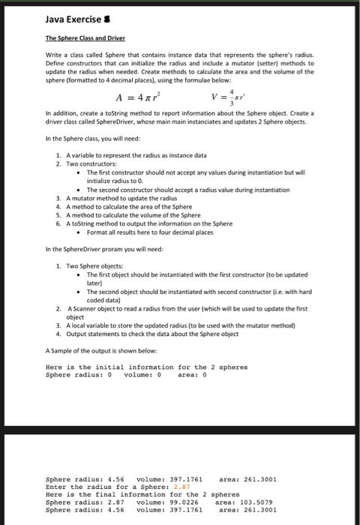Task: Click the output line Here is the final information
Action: click(x=142, y=493)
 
